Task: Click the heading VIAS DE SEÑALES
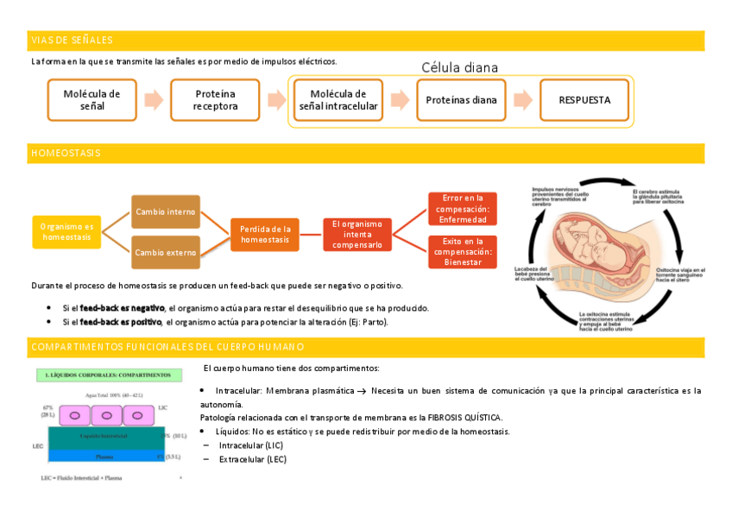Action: [x=72, y=41]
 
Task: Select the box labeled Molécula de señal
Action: [x=91, y=100]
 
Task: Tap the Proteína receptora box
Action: [x=215, y=100]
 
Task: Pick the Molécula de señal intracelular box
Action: [x=338, y=100]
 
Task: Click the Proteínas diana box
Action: [x=461, y=100]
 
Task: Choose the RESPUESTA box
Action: [x=584, y=100]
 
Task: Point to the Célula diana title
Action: [x=459, y=67]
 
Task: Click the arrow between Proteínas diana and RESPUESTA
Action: [x=523, y=100]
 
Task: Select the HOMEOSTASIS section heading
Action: [x=66, y=153]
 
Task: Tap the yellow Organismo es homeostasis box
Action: [x=67, y=231]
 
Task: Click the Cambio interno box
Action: [x=165, y=211]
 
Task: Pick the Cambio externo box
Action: [x=165, y=253]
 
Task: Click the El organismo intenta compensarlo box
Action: [x=357, y=234]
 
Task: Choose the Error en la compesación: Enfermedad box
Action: [x=462, y=209]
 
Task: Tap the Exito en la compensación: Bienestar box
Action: [x=462, y=252]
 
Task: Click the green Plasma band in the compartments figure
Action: [x=104, y=457]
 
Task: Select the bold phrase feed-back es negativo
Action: [x=122, y=308]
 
